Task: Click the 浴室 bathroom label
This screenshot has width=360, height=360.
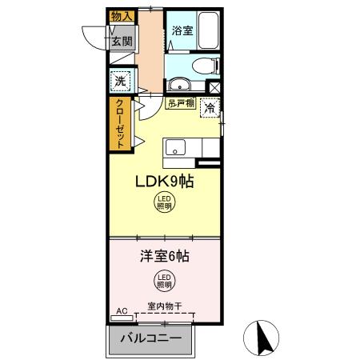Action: tap(182, 31)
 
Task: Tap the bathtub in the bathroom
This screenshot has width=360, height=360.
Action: tap(210, 30)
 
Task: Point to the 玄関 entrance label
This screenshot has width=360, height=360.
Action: tap(121, 41)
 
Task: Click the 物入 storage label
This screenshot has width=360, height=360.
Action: tap(121, 16)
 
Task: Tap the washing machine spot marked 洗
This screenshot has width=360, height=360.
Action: tap(120, 80)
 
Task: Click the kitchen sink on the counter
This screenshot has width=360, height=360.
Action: tap(176, 148)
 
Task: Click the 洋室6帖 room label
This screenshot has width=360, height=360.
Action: tap(164, 258)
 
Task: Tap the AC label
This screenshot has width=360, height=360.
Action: tap(122, 310)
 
